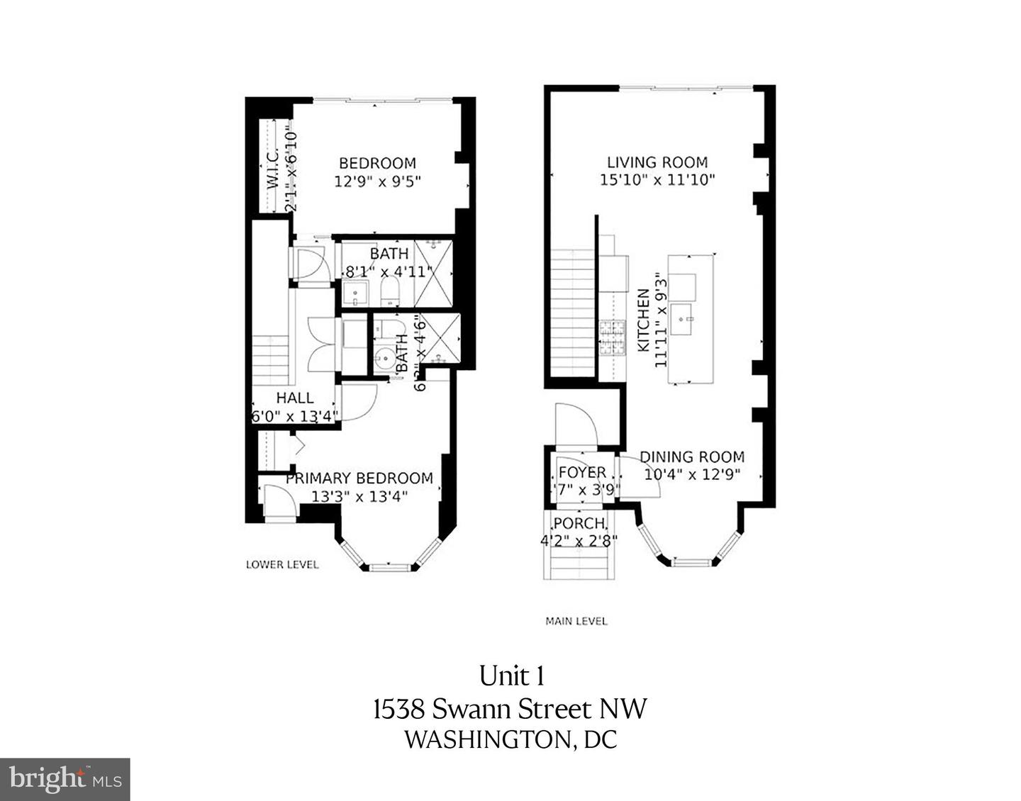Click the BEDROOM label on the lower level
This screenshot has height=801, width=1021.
click(x=376, y=163)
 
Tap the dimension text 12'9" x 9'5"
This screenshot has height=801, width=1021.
click(x=377, y=181)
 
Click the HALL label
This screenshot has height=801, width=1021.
click(x=295, y=398)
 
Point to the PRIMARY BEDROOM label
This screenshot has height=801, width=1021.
click(x=359, y=478)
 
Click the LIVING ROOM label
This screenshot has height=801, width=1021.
click(x=657, y=162)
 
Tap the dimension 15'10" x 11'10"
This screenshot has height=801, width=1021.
click(x=657, y=180)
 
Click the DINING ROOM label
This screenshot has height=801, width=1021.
click(x=692, y=457)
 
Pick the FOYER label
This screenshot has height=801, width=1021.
click(x=582, y=472)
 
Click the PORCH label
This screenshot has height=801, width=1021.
click(x=580, y=523)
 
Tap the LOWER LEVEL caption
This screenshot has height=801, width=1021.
click(x=282, y=565)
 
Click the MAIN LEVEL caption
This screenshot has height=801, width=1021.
click(x=576, y=621)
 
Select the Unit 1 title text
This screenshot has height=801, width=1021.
click(x=511, y=676)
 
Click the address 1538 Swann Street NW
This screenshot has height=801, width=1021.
click(x=510, y=708)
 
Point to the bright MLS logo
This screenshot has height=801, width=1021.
click(x=65, y=779)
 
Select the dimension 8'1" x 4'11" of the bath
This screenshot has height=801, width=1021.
click(x=389, y=271)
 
